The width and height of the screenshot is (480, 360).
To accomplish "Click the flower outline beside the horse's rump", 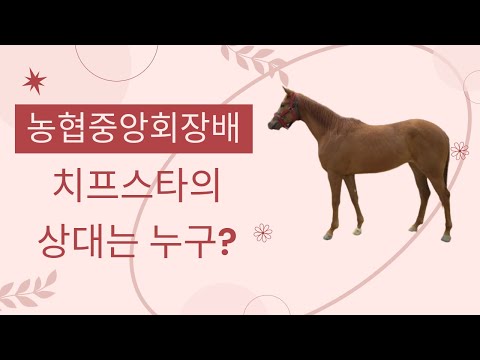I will [459, 151].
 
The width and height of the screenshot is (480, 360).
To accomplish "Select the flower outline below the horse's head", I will [264, 233].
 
